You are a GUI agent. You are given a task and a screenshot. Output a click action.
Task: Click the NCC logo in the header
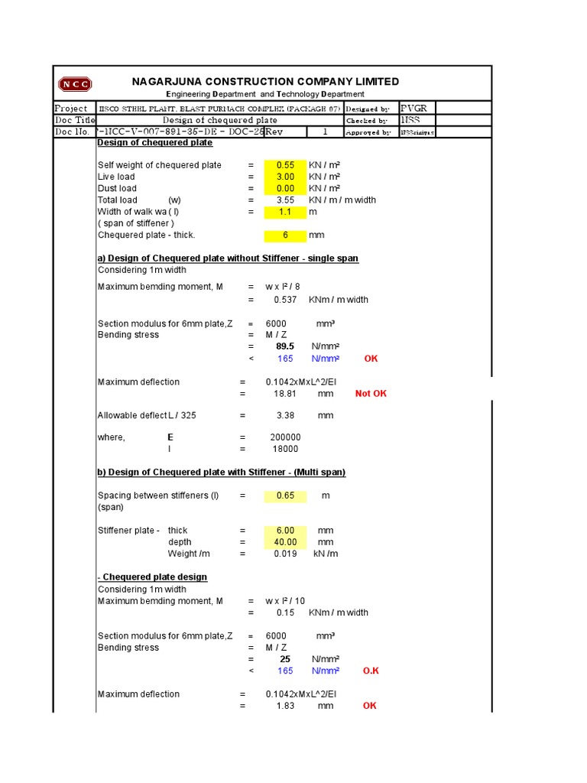pyautogui.click(x=75, y=85)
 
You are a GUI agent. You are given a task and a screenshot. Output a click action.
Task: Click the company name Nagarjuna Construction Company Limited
pyautogui.click(x=265, y=82)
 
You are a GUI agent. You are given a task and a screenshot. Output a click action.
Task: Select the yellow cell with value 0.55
pyautogui.click(x=285, y=165)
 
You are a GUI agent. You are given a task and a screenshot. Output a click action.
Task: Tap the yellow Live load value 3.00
pyautogui.click(x=285, y=177)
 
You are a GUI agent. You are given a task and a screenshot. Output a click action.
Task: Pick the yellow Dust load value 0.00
pyautogui.click(x=285, y=188)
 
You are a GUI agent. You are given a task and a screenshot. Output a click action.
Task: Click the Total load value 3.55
pyautogui.click(x=285, y=200)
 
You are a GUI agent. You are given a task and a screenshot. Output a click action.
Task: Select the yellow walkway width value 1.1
pyautogui.click(x=285, y=212)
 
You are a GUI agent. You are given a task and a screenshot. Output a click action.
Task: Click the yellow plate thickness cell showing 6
pyautogui.click(x=285, y=236)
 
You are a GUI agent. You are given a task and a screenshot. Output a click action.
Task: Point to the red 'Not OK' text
pyautogui.click(x=371, y=394)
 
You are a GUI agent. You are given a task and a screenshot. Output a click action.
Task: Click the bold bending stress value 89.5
pyautogui.click(x=285, y=346)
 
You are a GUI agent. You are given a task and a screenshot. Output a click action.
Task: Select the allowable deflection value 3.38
pyautogui.click(x=284, y=416)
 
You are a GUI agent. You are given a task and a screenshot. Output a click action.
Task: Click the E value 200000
pyautogui.click(x=285, y=437)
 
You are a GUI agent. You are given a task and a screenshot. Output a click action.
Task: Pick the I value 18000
pyautogui.click(x=285, y=450)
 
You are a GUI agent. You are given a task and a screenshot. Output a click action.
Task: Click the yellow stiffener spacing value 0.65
pyautogui.click(x=285, y=495)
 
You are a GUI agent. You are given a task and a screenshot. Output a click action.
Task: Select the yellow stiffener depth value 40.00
pyautogui.click(x=285, y=542)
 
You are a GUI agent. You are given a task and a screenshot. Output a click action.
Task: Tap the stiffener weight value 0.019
pyautogui.click(x=285, y=554)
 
